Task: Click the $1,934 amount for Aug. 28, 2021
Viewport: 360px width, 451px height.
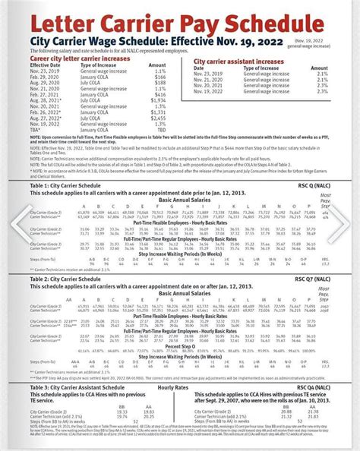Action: pyautogui.click(x=158, y=99)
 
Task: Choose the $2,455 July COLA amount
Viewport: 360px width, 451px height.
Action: pyautogui.click(x=158, y=118)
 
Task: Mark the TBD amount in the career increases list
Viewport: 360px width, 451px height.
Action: pyautogui.click(x=160, y=130)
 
